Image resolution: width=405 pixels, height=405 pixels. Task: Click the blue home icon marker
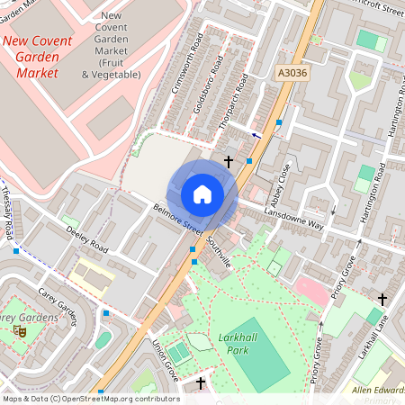coord(202,193)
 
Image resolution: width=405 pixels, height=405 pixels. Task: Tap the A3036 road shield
coord(292,73)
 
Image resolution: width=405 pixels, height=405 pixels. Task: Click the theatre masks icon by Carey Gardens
coord(21,331)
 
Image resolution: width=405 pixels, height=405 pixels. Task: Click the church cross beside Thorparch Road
coord(229,163)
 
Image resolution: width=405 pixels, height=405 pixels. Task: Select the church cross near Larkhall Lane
coord(382,299)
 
